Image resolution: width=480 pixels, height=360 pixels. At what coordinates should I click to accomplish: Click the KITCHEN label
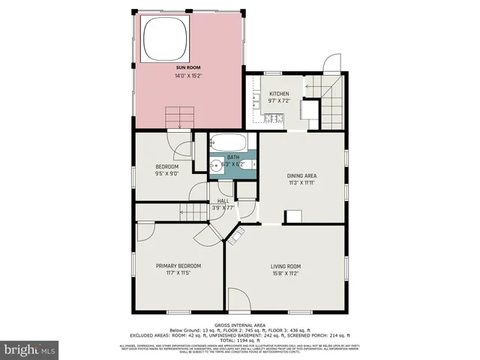click(279, 94)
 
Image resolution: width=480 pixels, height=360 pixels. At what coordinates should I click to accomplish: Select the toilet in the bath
click(251, 163)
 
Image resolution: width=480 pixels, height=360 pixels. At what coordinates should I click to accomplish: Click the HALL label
click(223, 201)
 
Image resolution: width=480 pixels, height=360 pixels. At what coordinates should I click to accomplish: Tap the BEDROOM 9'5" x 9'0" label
click(166, 169)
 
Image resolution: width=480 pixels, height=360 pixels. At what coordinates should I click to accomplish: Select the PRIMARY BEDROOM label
click(178, 265)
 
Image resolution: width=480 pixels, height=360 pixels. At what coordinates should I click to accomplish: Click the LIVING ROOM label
click(285, 265)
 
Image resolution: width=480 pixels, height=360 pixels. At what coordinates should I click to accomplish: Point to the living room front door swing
click(238, 298)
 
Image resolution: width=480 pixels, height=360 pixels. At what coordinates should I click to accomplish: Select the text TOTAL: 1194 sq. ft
click(239, 340)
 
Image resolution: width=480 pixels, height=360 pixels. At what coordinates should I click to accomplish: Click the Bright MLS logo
click(30, 349)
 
